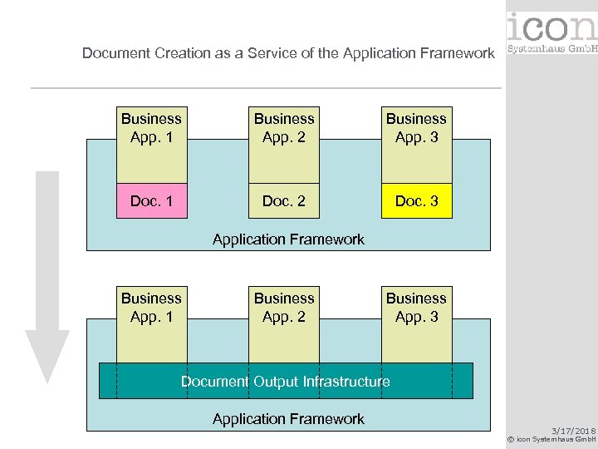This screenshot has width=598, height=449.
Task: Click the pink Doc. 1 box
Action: click(x=151, y=200)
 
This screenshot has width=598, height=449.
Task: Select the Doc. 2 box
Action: click(x=284, y=200)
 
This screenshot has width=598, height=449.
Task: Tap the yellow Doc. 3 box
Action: click(x=416, y=200)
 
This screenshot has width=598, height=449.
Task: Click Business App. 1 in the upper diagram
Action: click(x=151, y=128)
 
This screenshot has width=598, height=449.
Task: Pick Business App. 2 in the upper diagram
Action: click(x=284, y=128)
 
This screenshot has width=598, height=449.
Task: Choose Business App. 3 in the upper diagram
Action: click(x=416, y=128)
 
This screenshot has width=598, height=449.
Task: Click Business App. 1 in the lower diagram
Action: click(x=151, y=307)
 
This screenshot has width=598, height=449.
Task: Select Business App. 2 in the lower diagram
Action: click(x=284, y=307)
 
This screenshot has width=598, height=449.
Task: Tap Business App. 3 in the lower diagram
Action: click(x=416, y=307)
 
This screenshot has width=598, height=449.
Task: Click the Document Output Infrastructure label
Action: click(x=286, y=382)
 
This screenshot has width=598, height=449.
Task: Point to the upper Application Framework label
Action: click(x=288, y=239)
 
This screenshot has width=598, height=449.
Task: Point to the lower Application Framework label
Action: click(x=288, y=419)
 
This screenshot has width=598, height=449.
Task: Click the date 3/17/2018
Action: click(x=574, y=430)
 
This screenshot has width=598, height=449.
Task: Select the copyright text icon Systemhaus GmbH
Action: click(x=552, y=439)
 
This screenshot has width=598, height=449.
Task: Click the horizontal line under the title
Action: click(x=266, y=87)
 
